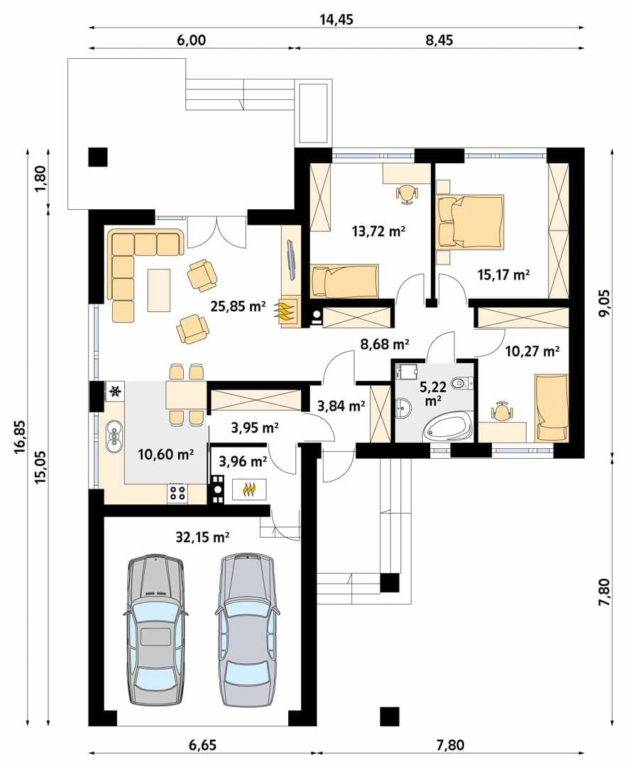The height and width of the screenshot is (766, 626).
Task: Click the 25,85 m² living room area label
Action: click(x=238, y=306)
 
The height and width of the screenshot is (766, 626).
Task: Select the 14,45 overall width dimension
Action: click(x=336, y=20)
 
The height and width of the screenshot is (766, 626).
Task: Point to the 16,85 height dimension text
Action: click(x=20, y=438)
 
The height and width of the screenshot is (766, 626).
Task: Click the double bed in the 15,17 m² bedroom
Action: click(x=470, y=222)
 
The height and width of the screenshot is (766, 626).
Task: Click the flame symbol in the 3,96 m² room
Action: click(x=250, y=489)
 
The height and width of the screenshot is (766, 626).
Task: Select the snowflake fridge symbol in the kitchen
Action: click(x=116, y=392)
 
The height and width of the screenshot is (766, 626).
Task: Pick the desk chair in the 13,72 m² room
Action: click(x=407, y=194)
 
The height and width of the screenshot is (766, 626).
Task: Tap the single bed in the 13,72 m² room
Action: click(x=344, y=281)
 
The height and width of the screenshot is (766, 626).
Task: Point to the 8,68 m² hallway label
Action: click(x=385, y=345)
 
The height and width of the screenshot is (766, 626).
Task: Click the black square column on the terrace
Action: click(x=98, y=157)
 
